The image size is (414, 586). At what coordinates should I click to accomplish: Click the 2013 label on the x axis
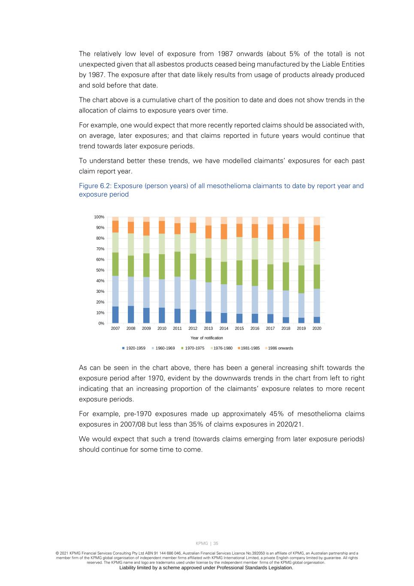208,328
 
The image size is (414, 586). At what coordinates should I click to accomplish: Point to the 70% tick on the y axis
100,249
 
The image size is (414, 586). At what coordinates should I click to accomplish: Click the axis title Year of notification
207,338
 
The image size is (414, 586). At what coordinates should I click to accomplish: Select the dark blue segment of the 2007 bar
115,315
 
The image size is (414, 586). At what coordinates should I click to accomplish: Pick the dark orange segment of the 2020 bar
317,233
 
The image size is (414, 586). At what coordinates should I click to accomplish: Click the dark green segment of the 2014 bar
224,273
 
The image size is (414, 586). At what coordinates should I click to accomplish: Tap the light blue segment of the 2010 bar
162,293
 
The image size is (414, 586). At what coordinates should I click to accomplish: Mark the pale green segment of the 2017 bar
270,252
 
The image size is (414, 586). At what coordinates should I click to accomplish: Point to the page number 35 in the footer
216,543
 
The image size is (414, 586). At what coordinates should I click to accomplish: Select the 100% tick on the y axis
99,217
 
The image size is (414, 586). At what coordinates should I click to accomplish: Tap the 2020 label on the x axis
317,328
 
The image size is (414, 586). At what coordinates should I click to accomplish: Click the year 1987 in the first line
225,54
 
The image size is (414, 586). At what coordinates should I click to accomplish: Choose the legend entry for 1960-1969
165,348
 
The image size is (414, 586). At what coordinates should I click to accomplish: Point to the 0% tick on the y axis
101,323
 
